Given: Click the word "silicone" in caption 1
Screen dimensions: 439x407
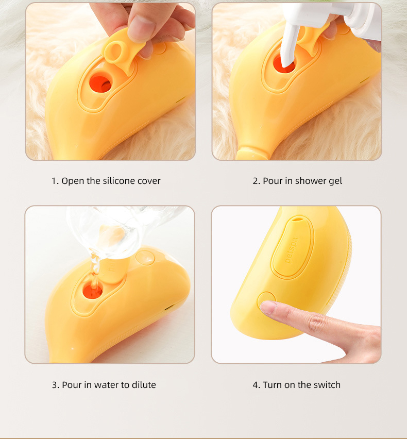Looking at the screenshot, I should pyautogui.click(x=120, y=181).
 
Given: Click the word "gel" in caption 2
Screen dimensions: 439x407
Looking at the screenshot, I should pyautogui.click(x=335, y=181).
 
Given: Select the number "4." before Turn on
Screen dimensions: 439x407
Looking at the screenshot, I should pyautogui.click(x=256, y=385).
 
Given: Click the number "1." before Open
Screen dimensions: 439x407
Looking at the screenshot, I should pyautogui.click(x=55, y=181).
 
